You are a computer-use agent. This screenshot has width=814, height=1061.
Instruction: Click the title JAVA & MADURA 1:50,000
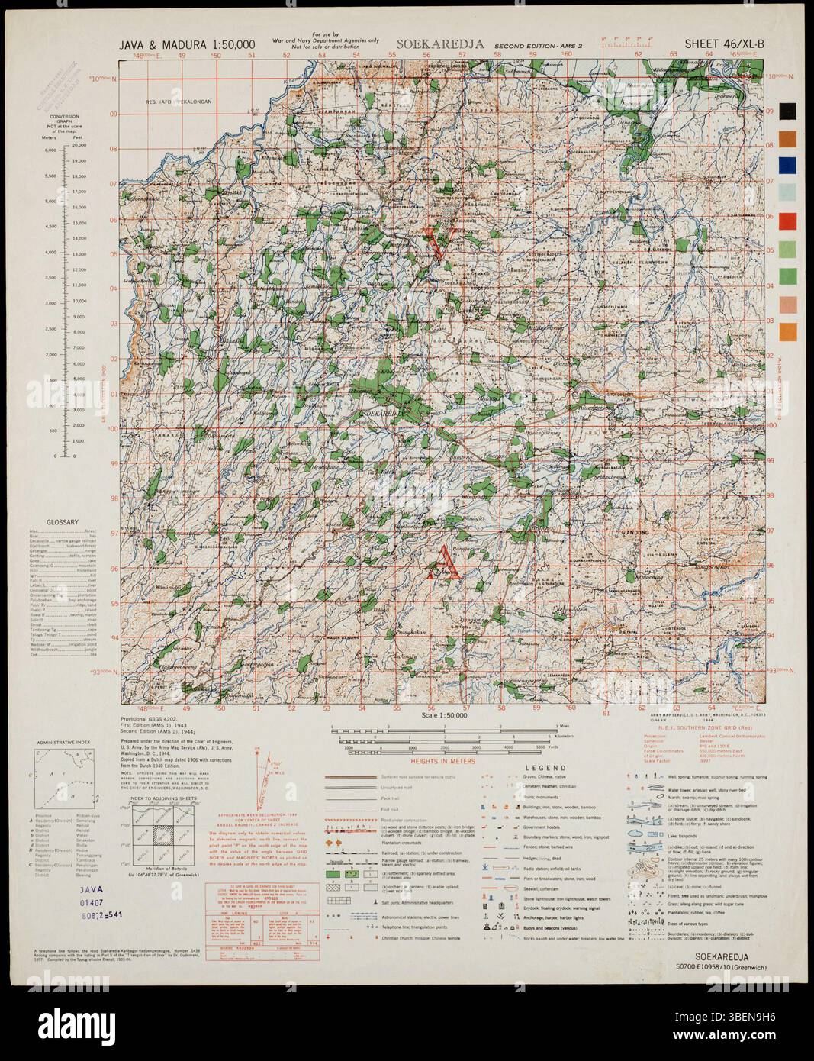[187, 44]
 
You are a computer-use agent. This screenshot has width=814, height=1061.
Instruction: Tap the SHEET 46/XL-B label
[723, 44]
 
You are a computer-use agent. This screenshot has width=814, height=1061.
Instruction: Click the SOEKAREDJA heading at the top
[440, 44]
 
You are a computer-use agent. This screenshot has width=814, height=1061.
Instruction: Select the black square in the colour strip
[787, 111]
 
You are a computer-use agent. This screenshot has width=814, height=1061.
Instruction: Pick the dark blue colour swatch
[787, 165]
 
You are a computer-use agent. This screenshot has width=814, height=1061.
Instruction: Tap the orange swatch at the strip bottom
[787, 332]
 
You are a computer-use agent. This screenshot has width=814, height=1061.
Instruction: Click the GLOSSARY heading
[63, 522]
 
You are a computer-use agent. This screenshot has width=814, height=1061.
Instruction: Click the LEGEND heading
[545, 768]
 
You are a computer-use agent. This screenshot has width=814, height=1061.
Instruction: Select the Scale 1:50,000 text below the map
[444, 715]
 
